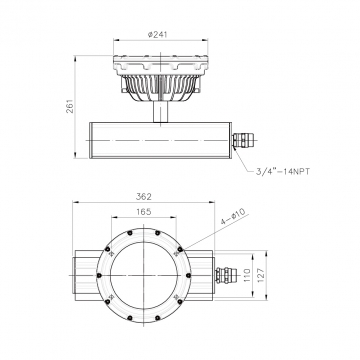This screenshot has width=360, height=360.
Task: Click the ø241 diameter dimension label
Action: (157, 34)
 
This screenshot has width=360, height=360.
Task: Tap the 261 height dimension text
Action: (70, 106)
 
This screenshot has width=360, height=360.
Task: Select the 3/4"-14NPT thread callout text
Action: (283, 172)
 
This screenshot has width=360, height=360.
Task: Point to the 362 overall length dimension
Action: (144, 197)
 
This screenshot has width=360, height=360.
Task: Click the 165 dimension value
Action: (144, 212)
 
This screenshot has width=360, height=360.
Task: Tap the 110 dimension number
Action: (247, 276)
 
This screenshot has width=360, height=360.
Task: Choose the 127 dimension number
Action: (261, 274)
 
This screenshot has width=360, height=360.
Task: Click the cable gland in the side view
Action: (243, 140)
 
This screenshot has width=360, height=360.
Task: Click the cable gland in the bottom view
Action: (226, 275)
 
